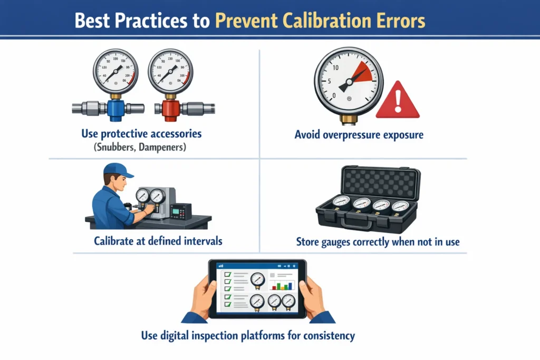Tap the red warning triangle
[x=397, y=101]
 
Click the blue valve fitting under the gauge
[x=114, y=108]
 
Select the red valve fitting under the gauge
[x=170, y=108]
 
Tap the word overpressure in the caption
[x=358, y=135]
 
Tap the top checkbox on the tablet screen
[x=228, y=275]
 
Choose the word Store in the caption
[x=307, y=242]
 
